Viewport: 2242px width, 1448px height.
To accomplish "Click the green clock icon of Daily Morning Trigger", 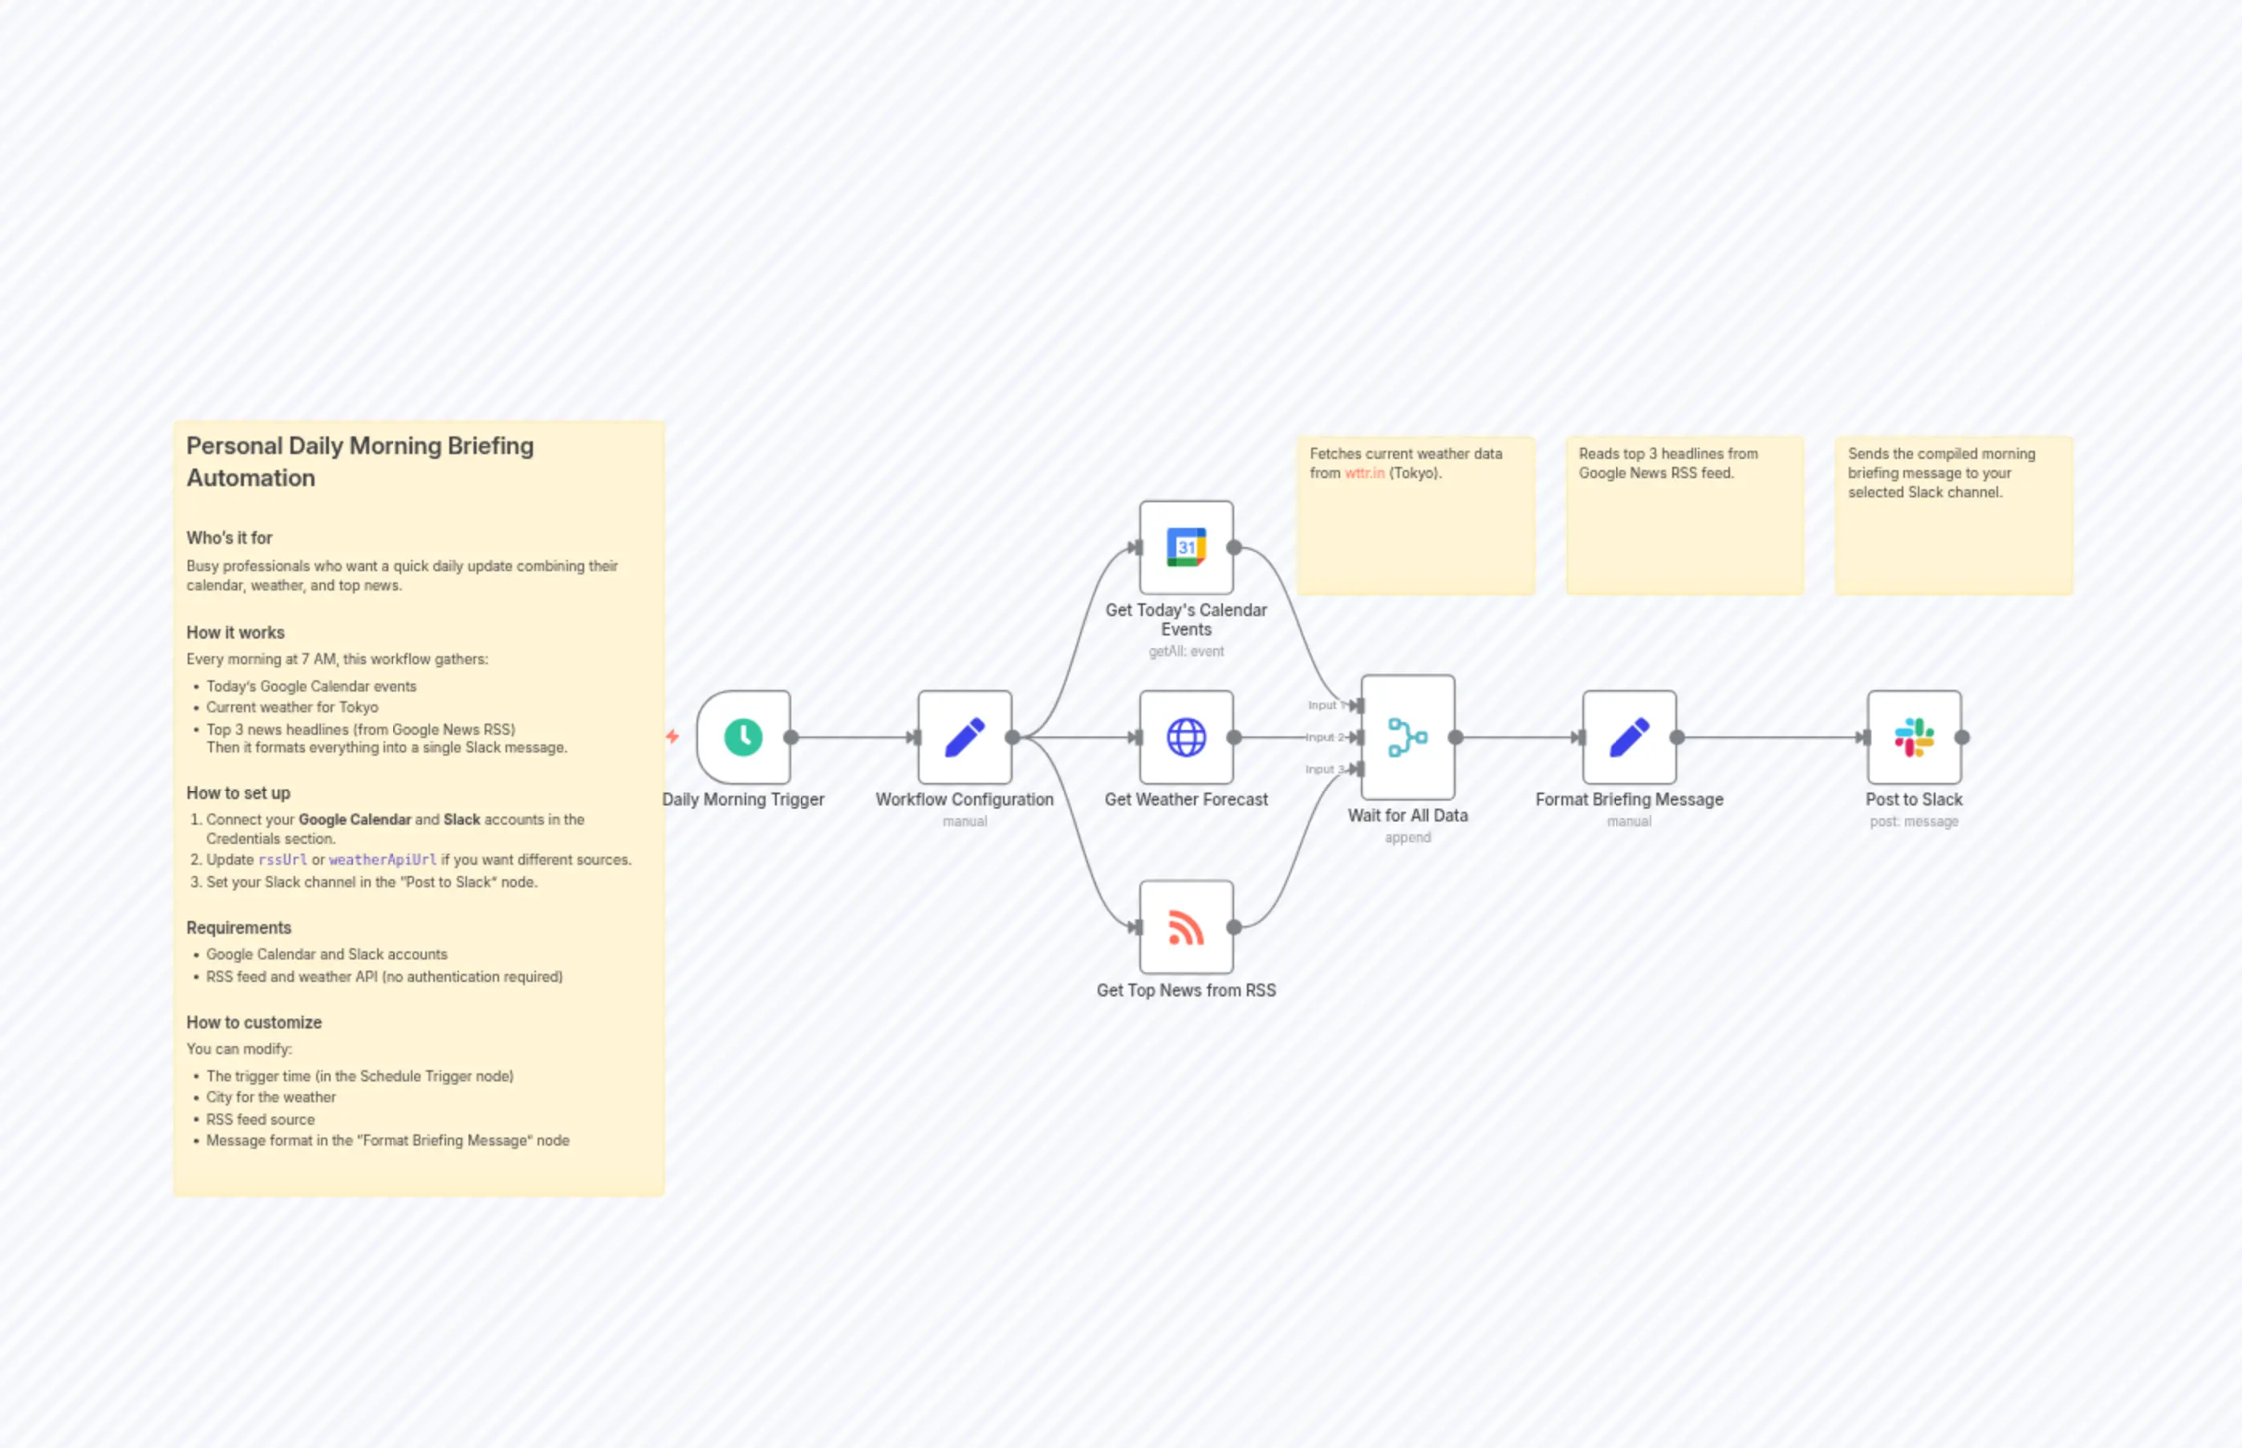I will [x=743, y=737].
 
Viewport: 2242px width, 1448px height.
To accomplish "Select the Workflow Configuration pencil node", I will [x=965, y=737].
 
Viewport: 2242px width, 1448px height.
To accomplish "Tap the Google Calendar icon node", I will [x=1186, y=547].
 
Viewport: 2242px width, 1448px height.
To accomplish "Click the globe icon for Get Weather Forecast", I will [x=1186, y=737].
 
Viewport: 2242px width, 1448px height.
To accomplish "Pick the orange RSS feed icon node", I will [x=1186, y=927].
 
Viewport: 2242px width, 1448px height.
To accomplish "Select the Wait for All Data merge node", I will [x=1407, y=737].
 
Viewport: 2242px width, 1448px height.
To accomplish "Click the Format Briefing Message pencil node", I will [x=1629, y=737].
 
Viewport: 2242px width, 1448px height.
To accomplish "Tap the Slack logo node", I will [x=1914, y=737].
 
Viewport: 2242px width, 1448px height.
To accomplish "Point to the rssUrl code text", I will [x=282, y=859].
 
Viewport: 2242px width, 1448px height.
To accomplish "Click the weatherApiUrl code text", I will [x=382, y=859].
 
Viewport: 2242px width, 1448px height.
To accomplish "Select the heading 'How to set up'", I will [x=238, y=793].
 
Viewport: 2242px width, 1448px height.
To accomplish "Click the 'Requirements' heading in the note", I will [x=238, y=927].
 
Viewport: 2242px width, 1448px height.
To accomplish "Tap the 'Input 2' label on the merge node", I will [x=1324, y=737].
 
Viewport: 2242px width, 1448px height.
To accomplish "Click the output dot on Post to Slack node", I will [x=1962, y=737].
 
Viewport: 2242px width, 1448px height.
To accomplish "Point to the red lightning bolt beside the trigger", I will [x=672, y=736].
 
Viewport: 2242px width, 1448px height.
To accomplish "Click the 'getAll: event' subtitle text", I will [x=1186, y=651].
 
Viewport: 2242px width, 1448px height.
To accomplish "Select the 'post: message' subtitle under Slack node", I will [x=1914, y=821].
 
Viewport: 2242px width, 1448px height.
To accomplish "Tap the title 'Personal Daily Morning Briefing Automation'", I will [x=359, y=461].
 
